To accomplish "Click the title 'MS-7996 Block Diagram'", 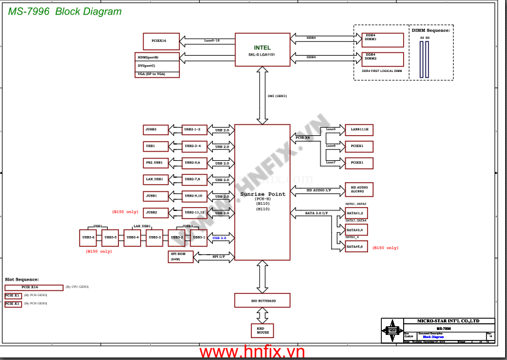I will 65,12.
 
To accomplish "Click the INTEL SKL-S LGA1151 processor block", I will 262,50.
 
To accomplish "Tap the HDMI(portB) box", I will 157,58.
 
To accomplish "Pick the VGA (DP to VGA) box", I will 157,74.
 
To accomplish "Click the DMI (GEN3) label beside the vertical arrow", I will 277,96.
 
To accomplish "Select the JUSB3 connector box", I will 155,130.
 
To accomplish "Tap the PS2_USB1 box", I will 155,163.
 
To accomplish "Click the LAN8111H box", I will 359,130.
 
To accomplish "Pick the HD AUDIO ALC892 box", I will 359,189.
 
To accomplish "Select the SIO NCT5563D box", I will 262,301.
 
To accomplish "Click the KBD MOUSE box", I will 262,331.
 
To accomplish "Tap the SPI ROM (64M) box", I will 182,257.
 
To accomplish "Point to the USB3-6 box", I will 88,237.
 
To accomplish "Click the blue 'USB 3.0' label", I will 219,238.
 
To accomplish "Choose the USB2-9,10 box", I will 194,196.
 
